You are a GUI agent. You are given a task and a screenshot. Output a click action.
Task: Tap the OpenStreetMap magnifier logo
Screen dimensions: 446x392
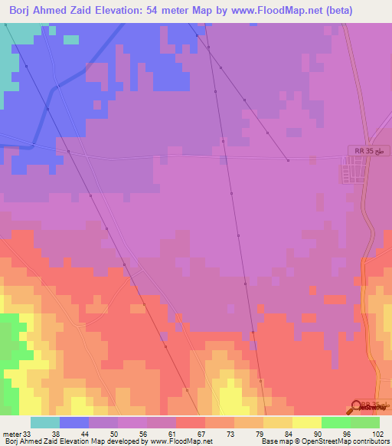358,407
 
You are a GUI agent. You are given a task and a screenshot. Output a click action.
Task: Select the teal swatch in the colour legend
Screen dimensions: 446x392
45,422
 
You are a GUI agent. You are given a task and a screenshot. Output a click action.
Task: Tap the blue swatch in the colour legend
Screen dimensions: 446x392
74,422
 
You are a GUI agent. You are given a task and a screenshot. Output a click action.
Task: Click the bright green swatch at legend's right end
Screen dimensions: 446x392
364,422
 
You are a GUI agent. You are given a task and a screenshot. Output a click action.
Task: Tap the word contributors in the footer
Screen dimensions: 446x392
371,441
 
